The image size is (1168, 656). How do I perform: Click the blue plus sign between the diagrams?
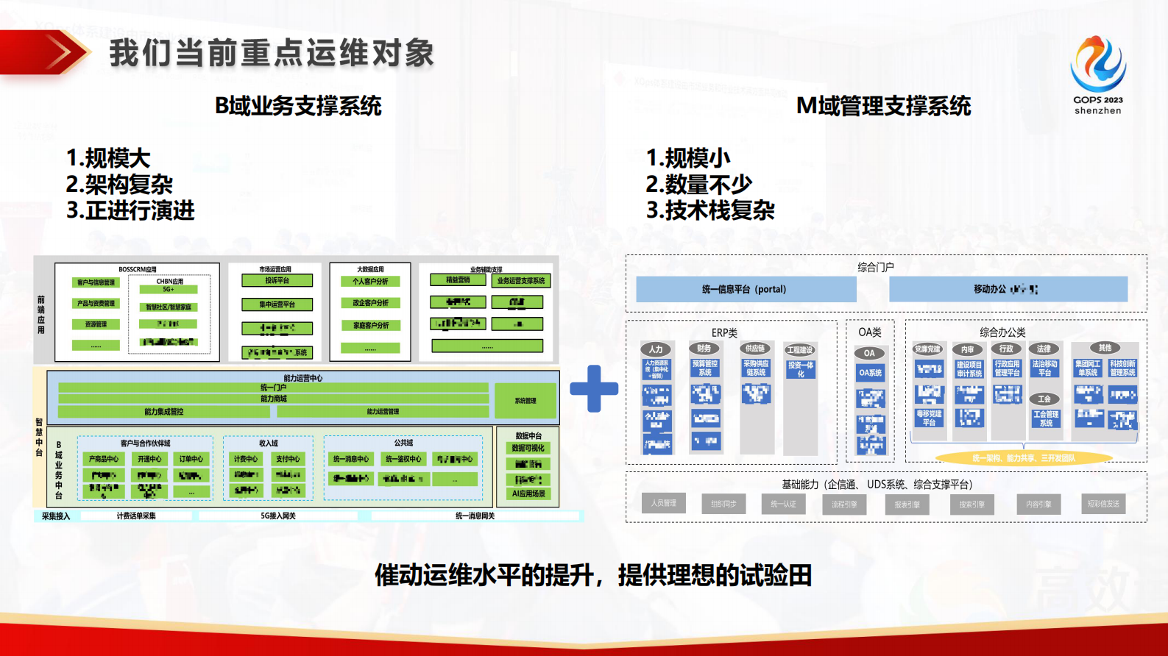point(594,388)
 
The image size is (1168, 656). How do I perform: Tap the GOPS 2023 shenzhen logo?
point(1097,74)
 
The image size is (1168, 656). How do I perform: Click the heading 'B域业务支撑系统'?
point(298,106)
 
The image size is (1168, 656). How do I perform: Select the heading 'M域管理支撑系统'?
point(883,106)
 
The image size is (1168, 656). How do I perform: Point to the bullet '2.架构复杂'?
point(119,184)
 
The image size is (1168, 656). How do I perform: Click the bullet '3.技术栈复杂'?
point(710,210)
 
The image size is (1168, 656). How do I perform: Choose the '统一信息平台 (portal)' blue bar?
point(745,289)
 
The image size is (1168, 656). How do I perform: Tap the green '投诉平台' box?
point(277,280)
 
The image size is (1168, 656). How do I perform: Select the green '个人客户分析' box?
point(370,281)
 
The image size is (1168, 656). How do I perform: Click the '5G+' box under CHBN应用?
point(169,289)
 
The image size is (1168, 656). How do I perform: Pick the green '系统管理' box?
point(525,401)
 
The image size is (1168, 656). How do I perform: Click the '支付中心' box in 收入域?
point(288,458)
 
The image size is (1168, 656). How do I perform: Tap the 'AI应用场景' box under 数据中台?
point(528,493)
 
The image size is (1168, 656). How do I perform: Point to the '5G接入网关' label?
point(278,516)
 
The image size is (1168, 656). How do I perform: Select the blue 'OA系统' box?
point(870,373)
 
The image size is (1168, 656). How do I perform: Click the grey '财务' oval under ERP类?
point(704,349)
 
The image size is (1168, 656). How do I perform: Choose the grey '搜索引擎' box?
point(971,504)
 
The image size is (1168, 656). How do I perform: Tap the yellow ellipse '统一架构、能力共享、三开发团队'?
point(1023,458)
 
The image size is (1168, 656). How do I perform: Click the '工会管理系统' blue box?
point(1045,418)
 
